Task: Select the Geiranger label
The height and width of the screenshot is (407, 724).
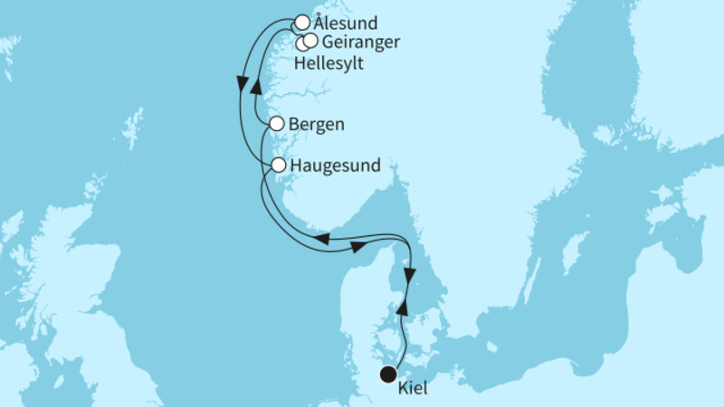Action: point(361,42)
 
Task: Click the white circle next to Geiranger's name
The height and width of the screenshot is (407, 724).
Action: point(311,40)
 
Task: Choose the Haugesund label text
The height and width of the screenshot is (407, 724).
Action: point(334,166)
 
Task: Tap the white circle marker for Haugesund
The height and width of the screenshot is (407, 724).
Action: point(279,166)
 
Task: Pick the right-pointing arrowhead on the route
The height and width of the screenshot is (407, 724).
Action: point(358,245)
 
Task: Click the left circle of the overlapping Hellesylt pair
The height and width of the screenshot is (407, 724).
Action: point(303,43)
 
